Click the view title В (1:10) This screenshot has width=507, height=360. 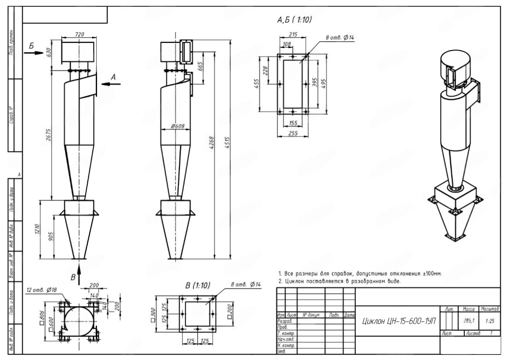tap(197, 285)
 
